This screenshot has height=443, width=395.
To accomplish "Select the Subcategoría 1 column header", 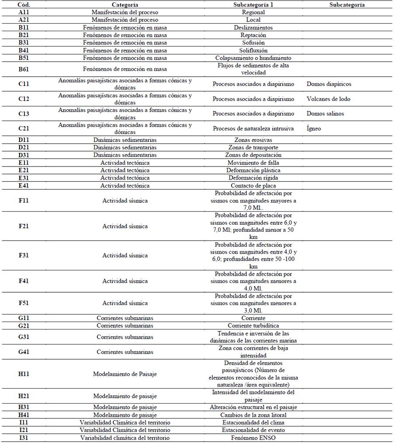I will pyautogui.click(x=253, y=4).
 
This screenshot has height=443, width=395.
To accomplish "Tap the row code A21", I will pyautogui.click(x=24, y=20).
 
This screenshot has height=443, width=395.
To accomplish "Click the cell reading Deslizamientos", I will pyautogui.click(x=253, y=27).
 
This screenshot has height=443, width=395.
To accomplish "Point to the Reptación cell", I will pyautogui.click(x=253, y=35).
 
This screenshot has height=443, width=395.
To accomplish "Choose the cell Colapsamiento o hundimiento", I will pyautogui.click(x=253, y=58).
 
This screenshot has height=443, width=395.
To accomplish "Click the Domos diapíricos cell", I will pyautogui.click(x=329, y=84).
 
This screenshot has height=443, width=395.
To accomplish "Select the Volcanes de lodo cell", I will pyautogui.click(x=329, y=99).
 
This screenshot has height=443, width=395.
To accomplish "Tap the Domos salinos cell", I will pyautogui.click(x=325, y=113).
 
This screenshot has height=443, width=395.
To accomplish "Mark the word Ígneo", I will pyautogui.click(x=314, y=128).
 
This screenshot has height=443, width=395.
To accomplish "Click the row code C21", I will pyautogui.click(x=24, y=128).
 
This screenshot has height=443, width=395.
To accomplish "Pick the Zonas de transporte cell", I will pyautogui.click(x=253, y=147).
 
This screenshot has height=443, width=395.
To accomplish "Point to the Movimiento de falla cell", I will pyautogui.click(x=253, y=163).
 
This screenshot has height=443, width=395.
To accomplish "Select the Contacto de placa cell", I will pyautogui.click(x=253, y=185).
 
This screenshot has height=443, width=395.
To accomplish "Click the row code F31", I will pyautogui.click(x=24, y=255).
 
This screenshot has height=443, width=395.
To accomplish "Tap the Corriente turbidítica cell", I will pyautogui.click(x=253, y=326).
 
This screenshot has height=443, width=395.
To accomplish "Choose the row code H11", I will pyautogui.click(x=24, y=374).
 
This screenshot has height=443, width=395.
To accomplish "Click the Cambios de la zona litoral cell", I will pyautogui.click(x=253, y=415).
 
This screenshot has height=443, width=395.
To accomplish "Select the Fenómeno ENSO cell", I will pyautogui.click(x=253, y=438).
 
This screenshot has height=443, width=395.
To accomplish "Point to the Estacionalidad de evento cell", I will pyautogui.click(x=253, y=430).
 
